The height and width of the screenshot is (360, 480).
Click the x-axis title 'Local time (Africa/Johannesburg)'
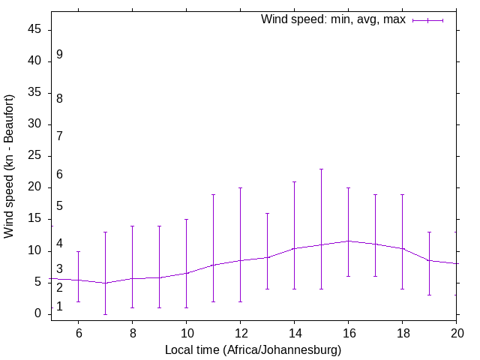[253, 350]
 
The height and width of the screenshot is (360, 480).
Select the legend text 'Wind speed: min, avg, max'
[333, 20]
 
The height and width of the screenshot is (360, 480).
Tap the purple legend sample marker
[428, 20]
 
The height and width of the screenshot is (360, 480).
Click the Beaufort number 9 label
[59, 55]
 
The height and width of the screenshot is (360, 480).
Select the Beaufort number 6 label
[59, 175]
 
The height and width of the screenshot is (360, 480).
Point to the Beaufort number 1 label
[59, 307]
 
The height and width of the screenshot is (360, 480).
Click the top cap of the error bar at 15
[321, 169]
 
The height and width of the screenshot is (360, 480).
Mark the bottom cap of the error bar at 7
[105, 314]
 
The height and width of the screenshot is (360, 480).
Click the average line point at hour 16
[348, 241]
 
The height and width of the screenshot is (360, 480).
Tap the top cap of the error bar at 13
[267, 213]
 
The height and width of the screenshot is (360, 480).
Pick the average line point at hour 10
[186, 273]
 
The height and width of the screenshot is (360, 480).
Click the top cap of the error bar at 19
[429, 232]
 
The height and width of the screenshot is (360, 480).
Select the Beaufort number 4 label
[59, 244]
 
